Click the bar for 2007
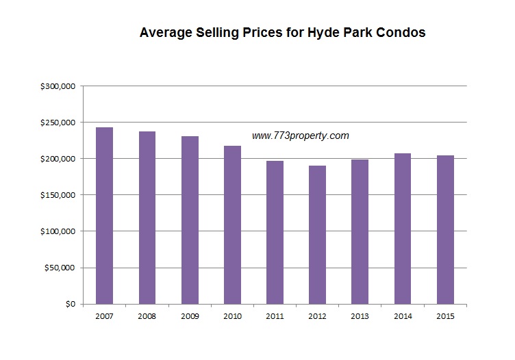[105, 216]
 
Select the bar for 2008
[147, 218]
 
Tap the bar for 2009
[190, 220]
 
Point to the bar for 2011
[275, 232]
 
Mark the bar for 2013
[360, 231]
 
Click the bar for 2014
[402, 229]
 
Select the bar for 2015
[445, 229]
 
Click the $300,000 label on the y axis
[58, 86]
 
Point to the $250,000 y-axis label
[58, 123]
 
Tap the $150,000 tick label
[58, 195]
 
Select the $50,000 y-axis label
[60, 268]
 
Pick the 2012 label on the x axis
[317, 316]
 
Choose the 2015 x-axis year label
[445, 316]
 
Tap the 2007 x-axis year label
[105, 316]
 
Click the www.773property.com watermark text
[300, 136]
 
